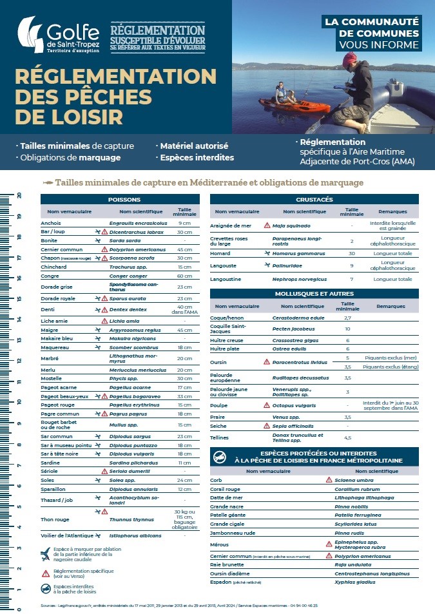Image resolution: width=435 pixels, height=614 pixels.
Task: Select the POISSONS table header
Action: (x=124, y=200)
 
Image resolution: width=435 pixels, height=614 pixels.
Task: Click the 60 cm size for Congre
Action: (x=184, y=276)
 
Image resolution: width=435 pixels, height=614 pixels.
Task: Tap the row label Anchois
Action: (x=51, y=223)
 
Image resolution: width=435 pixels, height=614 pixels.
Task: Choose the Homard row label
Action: (x=220, y=254)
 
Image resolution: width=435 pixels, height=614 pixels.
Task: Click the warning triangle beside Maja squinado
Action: (x=267, y=225)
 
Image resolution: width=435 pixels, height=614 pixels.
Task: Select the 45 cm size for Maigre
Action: (x=184, y=329)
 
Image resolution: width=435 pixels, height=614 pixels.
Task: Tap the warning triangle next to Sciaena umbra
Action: (x=328, y=480)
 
